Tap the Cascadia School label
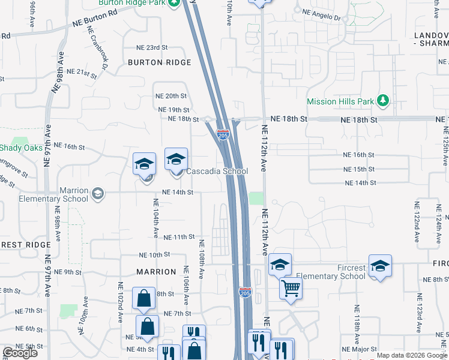click(217, 171)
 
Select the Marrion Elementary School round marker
click(97, 194)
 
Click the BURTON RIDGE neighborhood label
click(160, 62)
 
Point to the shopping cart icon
click(291, 289)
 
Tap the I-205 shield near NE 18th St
click(223, 134)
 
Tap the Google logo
click(20, 352)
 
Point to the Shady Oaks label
click(20, 148)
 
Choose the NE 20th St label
click(171, 96)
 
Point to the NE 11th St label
click(179, 238)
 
